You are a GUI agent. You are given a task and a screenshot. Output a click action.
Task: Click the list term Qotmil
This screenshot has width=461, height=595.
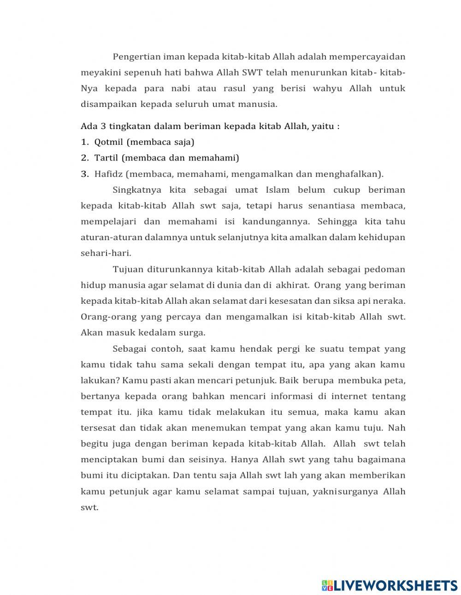click(108, 142)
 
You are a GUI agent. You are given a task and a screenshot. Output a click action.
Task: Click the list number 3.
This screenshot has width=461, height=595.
click(84, 174)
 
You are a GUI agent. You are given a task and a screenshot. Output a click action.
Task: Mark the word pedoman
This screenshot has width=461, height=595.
click(386, 269)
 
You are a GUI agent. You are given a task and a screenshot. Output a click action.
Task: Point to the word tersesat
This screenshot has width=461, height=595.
click(97, 428)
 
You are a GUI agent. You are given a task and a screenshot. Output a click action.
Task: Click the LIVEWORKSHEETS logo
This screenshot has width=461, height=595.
click(390, 585)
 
